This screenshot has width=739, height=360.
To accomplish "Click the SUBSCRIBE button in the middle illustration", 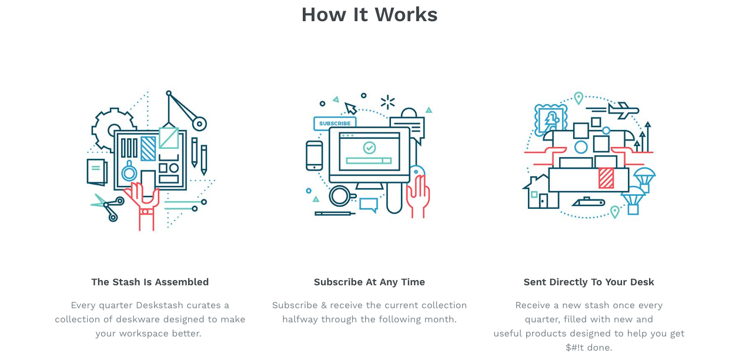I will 335,124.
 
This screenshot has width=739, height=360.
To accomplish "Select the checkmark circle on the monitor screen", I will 369,147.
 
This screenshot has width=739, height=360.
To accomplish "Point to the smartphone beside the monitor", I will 315,155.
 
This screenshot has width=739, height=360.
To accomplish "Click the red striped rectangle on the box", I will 606,178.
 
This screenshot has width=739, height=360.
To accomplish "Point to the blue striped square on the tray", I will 148,148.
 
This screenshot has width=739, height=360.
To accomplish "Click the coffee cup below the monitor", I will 340,195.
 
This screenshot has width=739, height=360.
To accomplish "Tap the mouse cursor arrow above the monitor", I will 351,108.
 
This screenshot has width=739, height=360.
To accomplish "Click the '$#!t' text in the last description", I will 579,348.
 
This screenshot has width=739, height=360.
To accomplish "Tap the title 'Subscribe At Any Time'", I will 369,282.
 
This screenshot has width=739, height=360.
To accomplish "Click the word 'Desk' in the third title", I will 643,282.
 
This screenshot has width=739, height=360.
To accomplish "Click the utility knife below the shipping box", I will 588,202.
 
